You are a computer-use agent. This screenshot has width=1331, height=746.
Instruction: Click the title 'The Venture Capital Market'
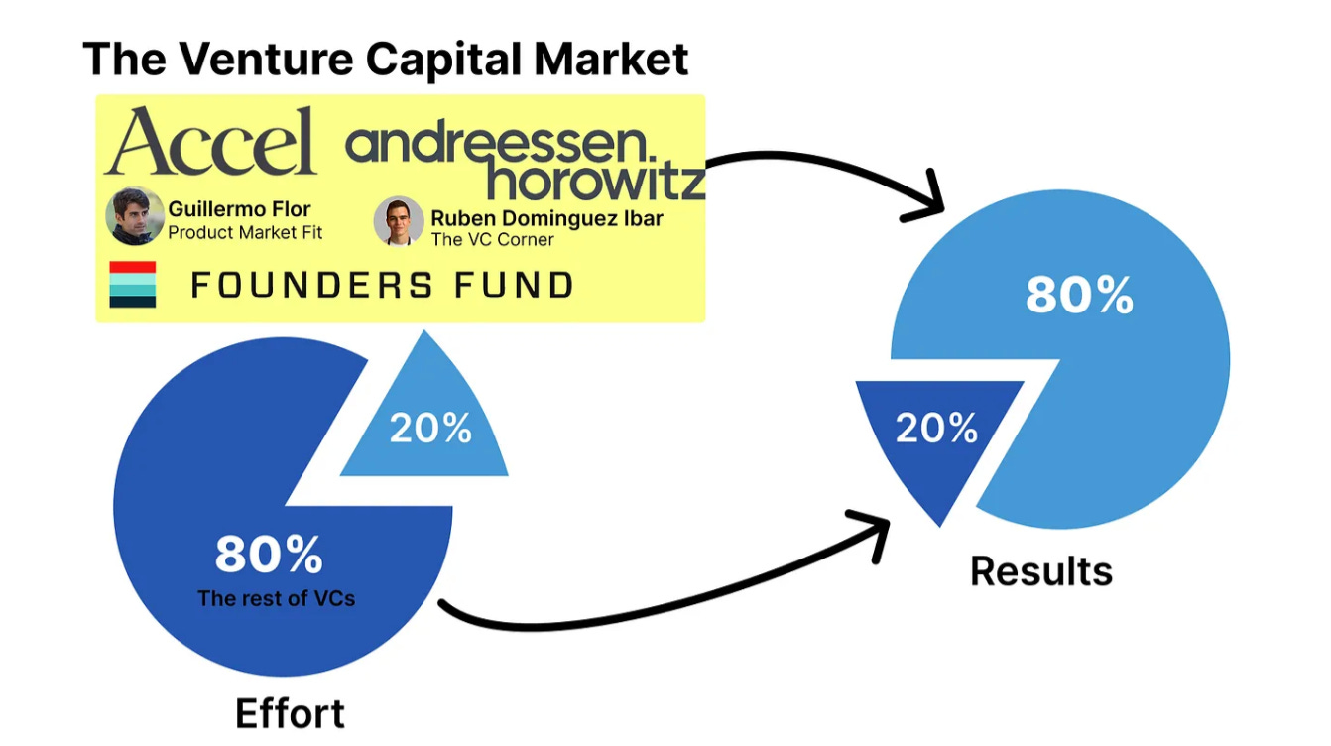pyautogui.click(x=386, y=59)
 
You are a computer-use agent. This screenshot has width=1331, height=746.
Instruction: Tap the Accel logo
pyautogui.click(x=210, y=142)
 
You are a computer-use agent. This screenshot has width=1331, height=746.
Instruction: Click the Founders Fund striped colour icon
pyautogui.click(x=133, y=285)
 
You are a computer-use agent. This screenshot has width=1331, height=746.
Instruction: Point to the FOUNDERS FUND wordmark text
pyautogui.click(x=382, y=286)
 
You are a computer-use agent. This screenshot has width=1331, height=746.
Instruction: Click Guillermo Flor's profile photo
pyautogui.click(x=135, y=216)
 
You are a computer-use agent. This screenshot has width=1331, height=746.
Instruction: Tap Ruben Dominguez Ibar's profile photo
pyautogui.click(x=399, y=221)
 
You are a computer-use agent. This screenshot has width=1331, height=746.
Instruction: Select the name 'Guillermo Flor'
pyautogui.click(x=239, y=209)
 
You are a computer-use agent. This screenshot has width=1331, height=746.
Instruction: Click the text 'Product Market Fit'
pyautogui.click(x=245, y=233)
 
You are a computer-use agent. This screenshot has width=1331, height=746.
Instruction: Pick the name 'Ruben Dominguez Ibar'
pyautogui.click(x=546, y=217)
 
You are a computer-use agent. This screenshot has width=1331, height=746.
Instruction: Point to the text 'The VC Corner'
pyautogui.click(x=492, y=239)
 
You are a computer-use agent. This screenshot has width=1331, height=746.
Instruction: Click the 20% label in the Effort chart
pyautogui.click(x=429, y=428)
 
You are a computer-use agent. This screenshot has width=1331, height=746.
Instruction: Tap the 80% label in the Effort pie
pyautogui.click(x=269, y=555)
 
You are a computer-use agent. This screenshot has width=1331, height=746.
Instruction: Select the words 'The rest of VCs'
pyautogui.click(x=276, y=598)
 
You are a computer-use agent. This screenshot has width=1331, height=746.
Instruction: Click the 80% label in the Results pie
pyautogui.click(x=1079, y=295)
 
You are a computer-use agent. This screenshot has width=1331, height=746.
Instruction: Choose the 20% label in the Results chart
pyautogui.click(x=936, y=428)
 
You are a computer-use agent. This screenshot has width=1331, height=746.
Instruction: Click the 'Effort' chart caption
pyautogui.click(x=290, y=713)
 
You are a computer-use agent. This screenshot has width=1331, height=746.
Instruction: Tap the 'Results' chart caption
pyautogui.click(x=1041, y=571)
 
